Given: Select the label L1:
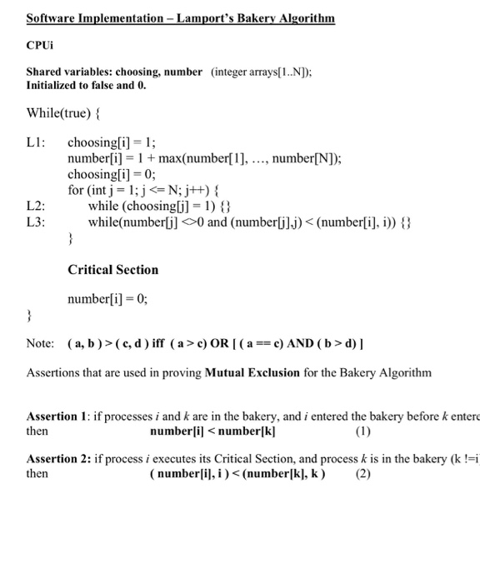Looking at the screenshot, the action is coord(37,143).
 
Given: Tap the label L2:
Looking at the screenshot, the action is coord(37,207).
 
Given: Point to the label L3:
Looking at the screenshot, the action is coord(37,222).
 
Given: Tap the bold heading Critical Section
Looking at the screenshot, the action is coord(112,270).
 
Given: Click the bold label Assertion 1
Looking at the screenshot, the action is coord(59,416).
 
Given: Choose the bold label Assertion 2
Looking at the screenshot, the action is coord(59,459).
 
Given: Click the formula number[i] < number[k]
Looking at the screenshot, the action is coord(212,431).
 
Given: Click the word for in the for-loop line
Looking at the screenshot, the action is coord(76,191).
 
